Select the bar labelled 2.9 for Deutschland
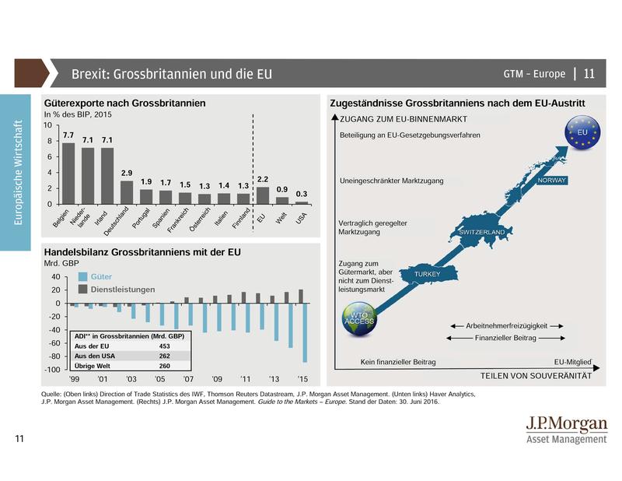127,192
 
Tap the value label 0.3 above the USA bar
301,194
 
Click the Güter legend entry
101,276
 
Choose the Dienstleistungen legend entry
122,289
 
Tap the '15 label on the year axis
302,379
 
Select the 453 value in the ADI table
165,345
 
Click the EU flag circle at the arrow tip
581,132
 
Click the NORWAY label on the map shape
551,181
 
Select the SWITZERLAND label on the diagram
483,232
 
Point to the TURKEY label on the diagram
428,275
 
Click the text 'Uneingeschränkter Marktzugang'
391,181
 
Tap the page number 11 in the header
589,74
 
